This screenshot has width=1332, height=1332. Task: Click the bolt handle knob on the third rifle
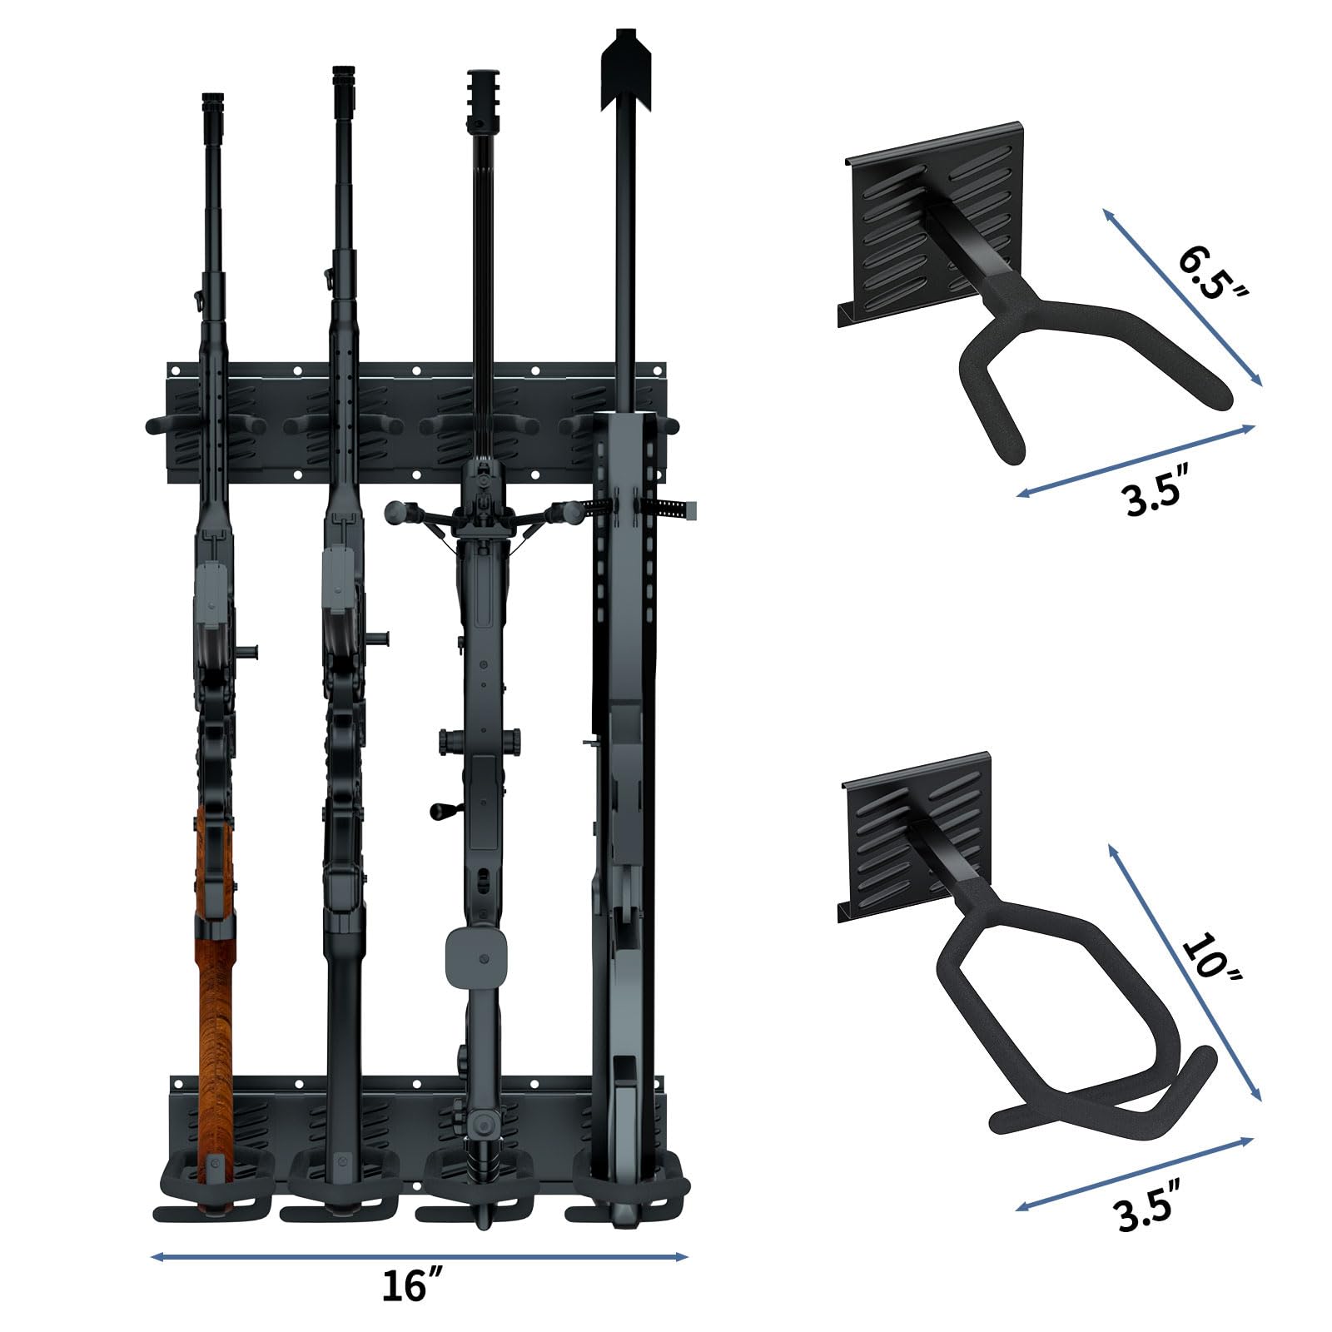tap(436, 809)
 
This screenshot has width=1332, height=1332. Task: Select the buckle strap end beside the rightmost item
tap(684, 507)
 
